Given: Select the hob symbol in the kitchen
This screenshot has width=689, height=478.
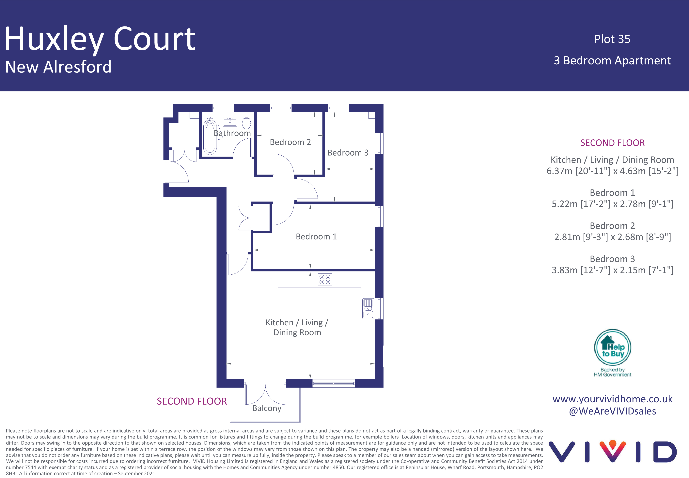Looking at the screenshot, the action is click(325, 279).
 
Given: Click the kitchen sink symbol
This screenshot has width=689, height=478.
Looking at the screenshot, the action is click(368, 308).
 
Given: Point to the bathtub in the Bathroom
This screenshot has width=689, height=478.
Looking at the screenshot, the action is click(210, 136).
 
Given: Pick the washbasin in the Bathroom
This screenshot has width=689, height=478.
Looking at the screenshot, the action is click(230, 122).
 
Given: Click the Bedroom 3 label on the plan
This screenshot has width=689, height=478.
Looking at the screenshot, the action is click(348, 153).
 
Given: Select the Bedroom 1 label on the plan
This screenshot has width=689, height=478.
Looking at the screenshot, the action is click(316, 237).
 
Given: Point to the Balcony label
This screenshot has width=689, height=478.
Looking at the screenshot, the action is click(267, 409).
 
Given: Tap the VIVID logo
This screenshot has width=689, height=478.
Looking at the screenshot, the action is click(612, 451).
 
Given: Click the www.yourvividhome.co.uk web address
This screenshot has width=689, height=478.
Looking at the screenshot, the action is click(612, 399).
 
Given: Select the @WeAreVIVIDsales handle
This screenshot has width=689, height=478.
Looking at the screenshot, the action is click(612, 411).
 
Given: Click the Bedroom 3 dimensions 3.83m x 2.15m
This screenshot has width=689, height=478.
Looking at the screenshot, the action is click(612, 270).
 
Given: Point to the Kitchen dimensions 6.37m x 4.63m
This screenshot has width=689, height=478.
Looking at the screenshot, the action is click(612, 171).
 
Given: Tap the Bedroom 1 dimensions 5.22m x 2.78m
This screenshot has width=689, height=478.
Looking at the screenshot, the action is click(612, 204).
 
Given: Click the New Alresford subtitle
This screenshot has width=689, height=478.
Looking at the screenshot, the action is click(58, 67).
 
